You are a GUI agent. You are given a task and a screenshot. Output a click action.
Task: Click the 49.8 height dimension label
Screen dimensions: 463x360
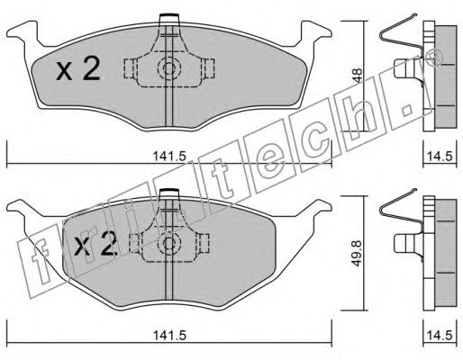[357, 253]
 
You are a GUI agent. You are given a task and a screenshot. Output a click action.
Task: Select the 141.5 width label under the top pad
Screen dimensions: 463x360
[170, 156]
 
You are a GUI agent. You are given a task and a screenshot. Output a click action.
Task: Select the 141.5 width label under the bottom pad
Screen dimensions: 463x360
[170, 335]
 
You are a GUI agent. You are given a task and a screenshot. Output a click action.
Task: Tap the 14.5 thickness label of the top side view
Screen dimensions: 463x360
[440, 157]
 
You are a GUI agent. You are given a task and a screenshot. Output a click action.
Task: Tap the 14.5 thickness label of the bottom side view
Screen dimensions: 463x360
[440, 335]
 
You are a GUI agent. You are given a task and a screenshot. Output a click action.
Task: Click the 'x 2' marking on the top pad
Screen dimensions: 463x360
[78, 69]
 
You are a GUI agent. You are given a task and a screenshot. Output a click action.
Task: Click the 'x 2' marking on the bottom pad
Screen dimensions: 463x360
[95, 245]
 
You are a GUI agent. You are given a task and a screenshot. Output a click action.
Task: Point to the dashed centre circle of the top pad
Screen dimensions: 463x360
[169, 68]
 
